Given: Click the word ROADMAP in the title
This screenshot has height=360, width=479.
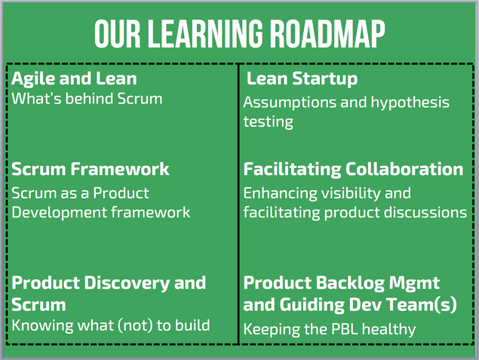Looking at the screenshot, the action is tap(328, 34).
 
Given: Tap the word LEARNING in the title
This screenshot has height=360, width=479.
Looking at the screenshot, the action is tap(206, 34).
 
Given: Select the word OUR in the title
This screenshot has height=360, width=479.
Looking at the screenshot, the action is tap(118, 34).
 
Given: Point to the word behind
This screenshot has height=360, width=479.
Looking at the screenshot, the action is tap(89, 99).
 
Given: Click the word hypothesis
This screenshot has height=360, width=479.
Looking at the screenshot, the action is tap(410, 103).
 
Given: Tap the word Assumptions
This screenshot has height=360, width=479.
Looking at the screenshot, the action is tap(290, 103).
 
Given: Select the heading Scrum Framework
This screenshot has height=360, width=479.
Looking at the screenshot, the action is tap(90, 169).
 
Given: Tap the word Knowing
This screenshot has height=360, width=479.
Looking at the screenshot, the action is tap(42, 326).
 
